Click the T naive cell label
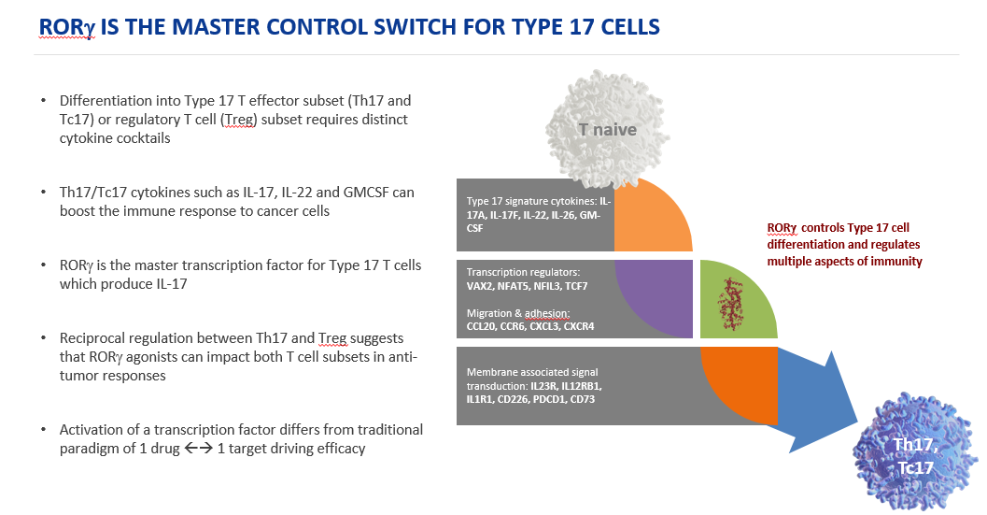(x=608, y=130)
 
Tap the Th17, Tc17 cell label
(x=916, y=456)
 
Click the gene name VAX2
(x=480, y=286)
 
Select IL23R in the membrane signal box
(x=543, y=386)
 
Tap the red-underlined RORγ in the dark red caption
(x=782, y=228)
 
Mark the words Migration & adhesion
(x=518, y=313)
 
